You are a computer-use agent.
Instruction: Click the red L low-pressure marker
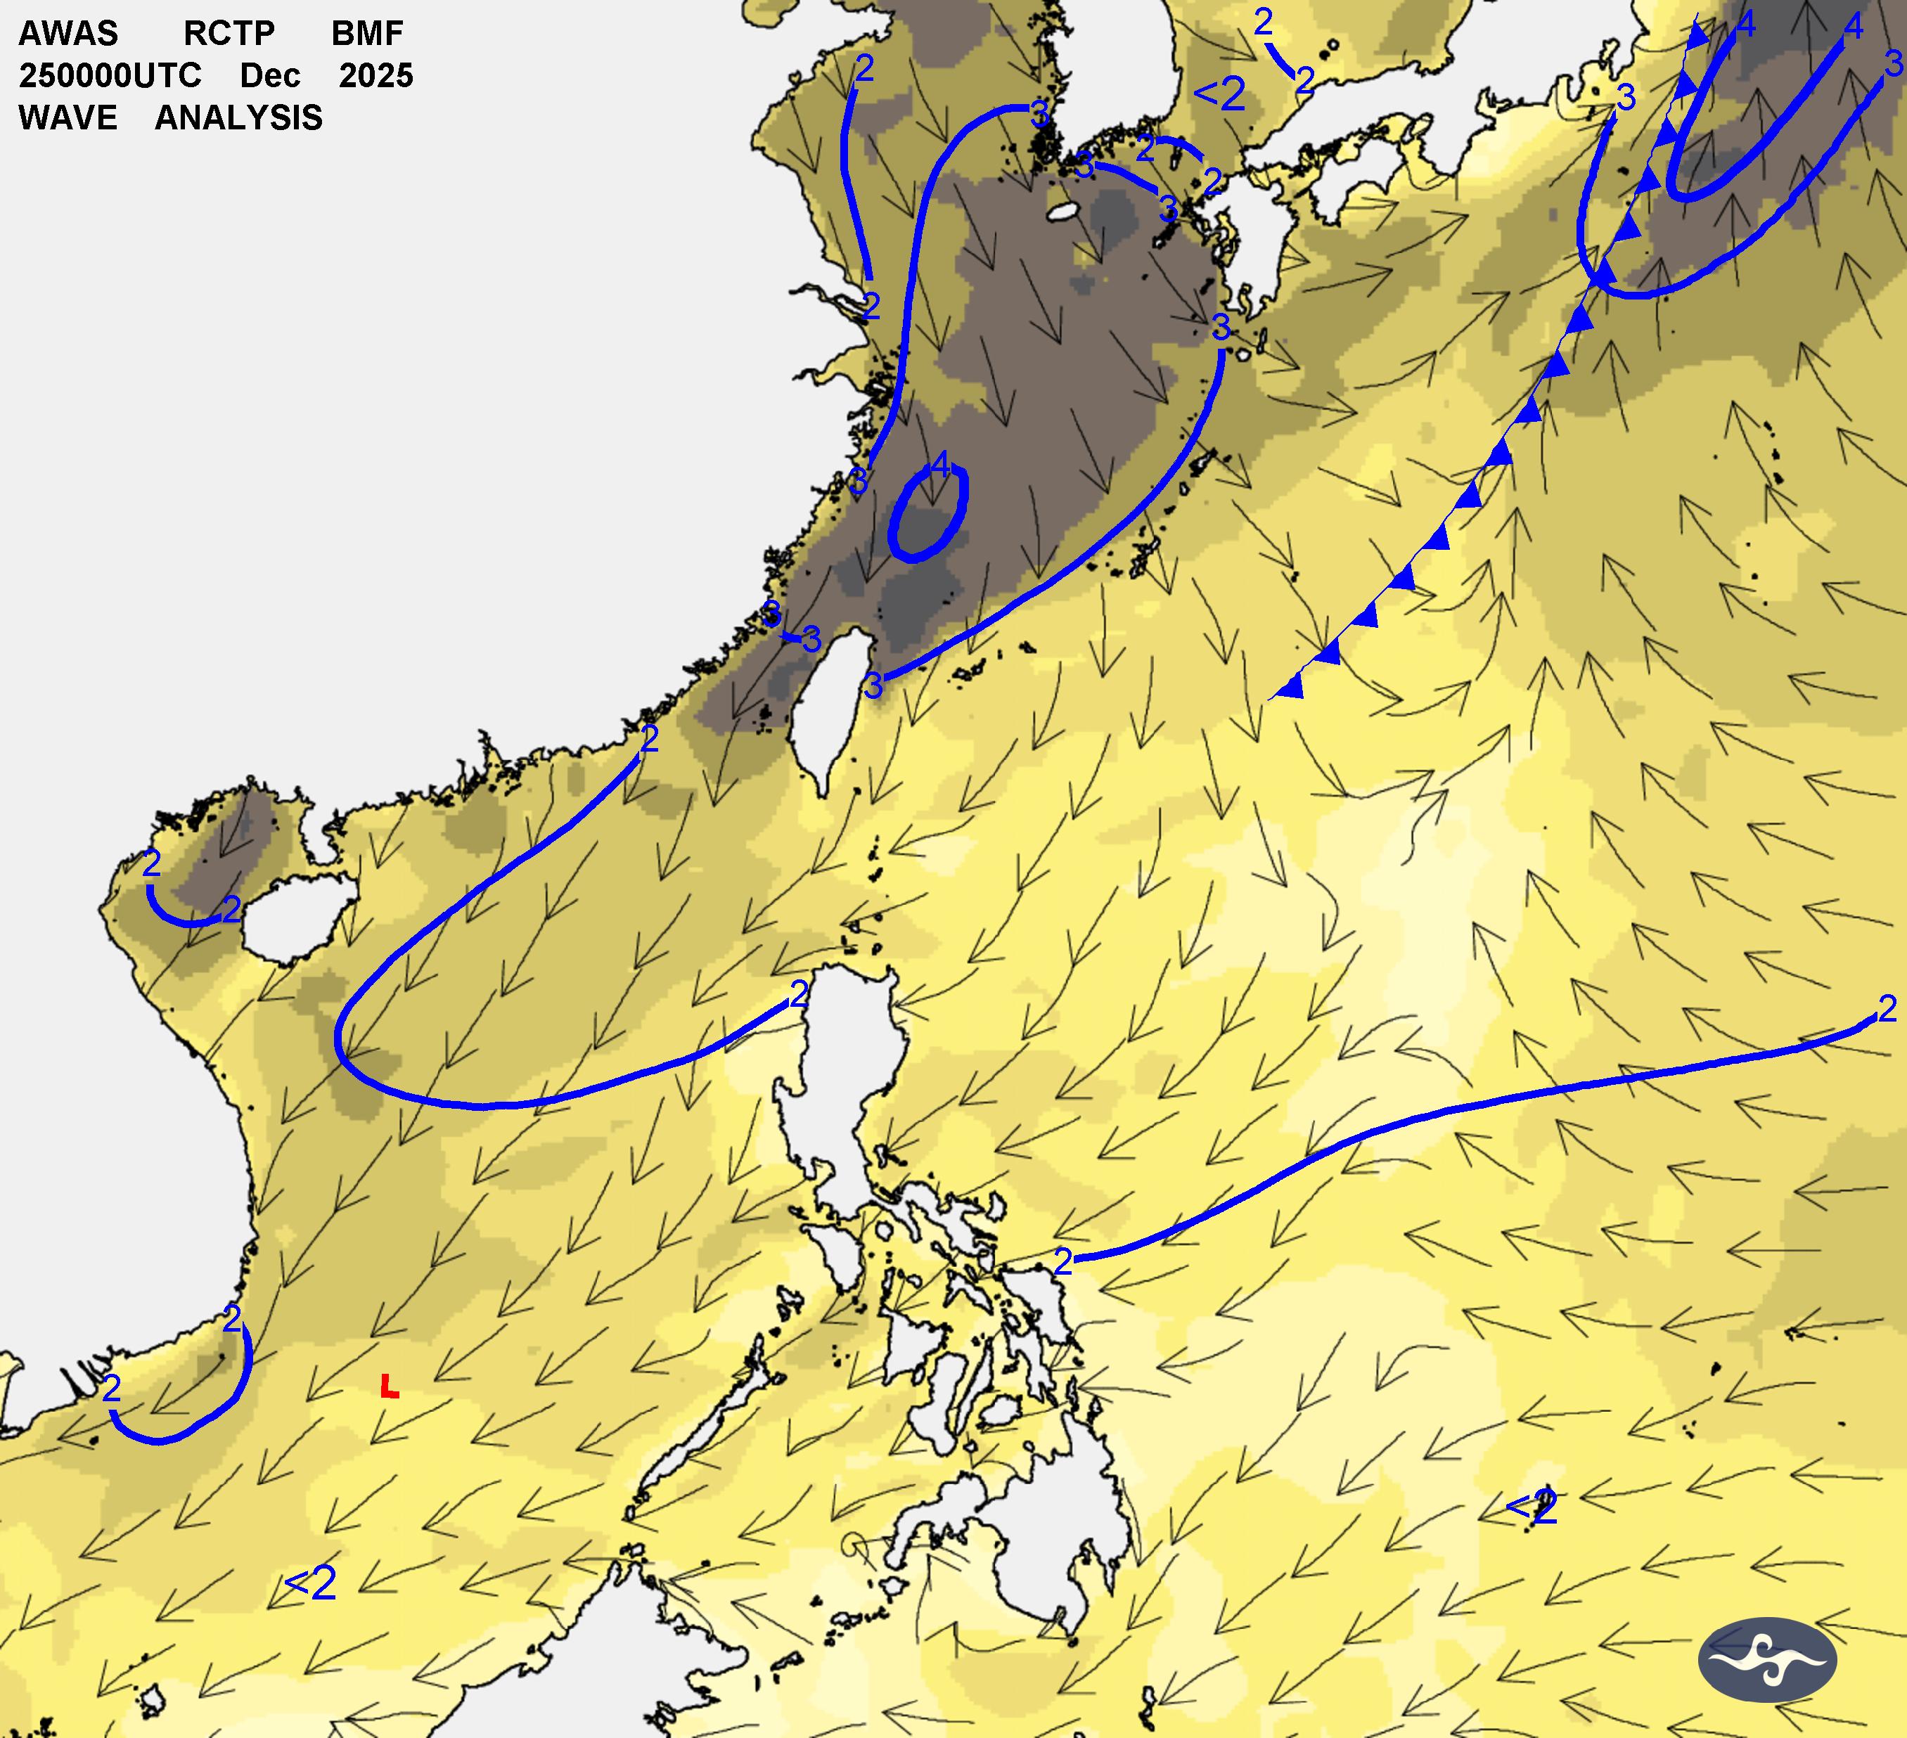point(389,1387)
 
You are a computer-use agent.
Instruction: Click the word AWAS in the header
point(68,33)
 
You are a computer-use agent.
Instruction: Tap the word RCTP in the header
point(229,33)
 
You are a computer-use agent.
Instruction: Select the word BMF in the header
point(367,33)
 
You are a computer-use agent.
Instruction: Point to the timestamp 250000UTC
point(110,76)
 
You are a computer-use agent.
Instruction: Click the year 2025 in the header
point(375,76)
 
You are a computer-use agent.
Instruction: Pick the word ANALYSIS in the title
point(238,118)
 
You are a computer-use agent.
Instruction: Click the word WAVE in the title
point(68,118)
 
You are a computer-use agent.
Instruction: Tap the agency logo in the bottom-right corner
point(1767,1659)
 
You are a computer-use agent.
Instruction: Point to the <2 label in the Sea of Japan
point(1219,94)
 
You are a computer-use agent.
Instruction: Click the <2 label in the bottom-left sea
point(309,1583)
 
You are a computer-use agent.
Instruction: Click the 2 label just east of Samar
point(1063,1261)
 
